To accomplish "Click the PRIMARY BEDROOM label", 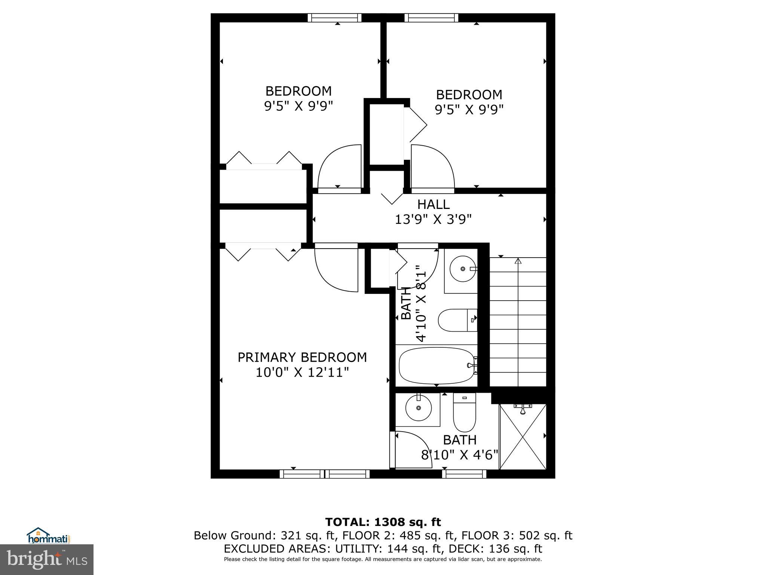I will point(302,357).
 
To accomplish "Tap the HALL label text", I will point(433,204).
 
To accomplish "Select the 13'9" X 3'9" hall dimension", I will point(433,219).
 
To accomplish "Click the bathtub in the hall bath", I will point(436,365).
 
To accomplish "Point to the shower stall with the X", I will point(523,436).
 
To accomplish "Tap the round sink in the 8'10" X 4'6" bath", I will point(418,408).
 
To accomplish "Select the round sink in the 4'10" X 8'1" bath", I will point(463,269).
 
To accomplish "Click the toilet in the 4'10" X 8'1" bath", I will point(457,320).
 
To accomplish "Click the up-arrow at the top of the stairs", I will point(518,261).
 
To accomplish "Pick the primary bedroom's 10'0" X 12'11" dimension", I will point(302,372).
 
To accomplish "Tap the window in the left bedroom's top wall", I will point(334,18).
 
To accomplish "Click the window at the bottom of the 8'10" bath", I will point(464,474).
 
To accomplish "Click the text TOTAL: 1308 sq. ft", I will point(383,522).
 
